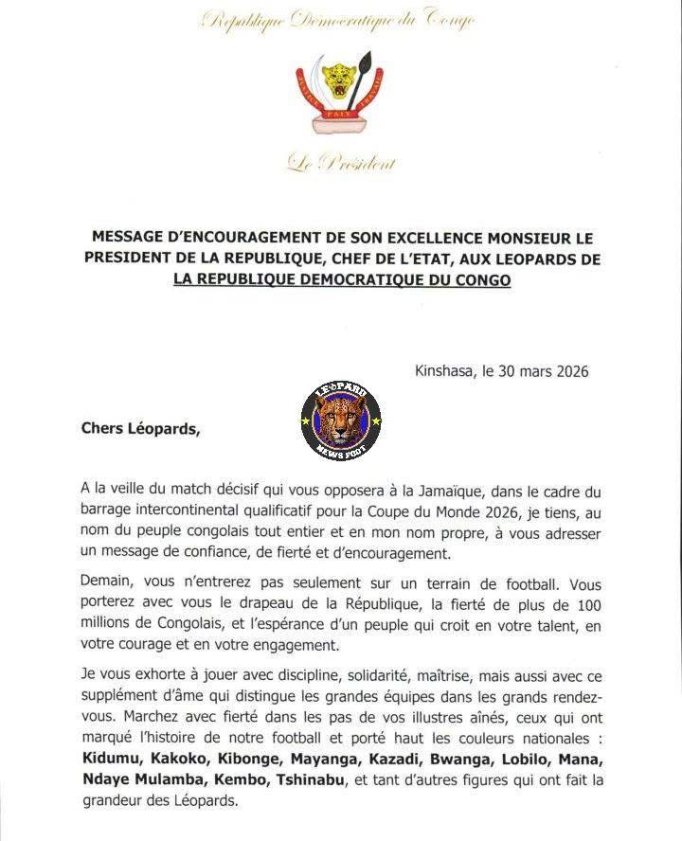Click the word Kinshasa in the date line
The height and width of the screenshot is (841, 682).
point(445,371)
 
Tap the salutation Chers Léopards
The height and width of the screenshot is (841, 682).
point(140,427)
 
